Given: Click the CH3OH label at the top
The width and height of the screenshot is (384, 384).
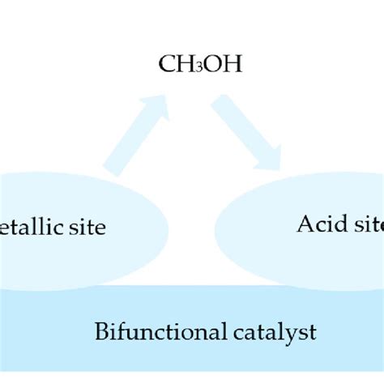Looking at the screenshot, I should pyautogui.click(x=191, y=62).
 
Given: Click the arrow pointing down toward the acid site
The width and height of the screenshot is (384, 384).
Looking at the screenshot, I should pyautogui.click(x=247, y=133).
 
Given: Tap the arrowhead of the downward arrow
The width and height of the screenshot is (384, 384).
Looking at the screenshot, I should pyautogui.click(x=271, y=158).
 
